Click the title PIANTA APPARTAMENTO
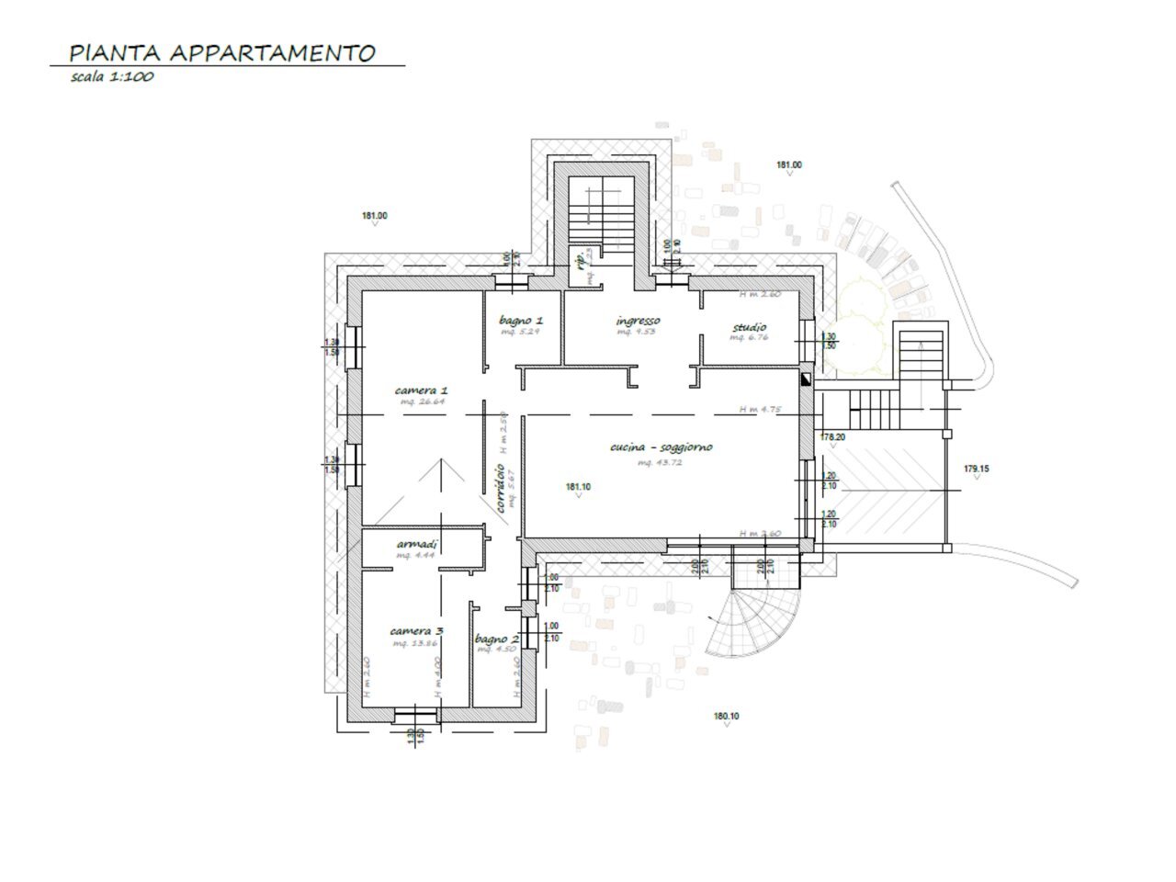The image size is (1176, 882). point(222,52)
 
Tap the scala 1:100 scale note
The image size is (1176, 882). point(111,77)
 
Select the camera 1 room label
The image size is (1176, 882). point(421,390)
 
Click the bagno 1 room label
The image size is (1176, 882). point(521,321)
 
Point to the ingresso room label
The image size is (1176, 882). point(638,321)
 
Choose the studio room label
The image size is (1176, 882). point(749,327)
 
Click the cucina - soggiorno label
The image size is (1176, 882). point(661,447)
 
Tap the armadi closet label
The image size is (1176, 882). point(416,544)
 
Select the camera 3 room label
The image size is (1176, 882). point(417,631)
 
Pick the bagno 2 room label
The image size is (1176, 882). point(497,639)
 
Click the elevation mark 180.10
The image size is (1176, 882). point(726,717)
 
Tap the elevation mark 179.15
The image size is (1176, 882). point(976,469)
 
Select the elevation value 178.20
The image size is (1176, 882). point(832,437)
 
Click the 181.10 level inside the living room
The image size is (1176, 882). point(578,487)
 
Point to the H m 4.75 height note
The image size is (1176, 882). point(760,410)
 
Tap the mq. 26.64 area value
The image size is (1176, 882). point(421,402)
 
